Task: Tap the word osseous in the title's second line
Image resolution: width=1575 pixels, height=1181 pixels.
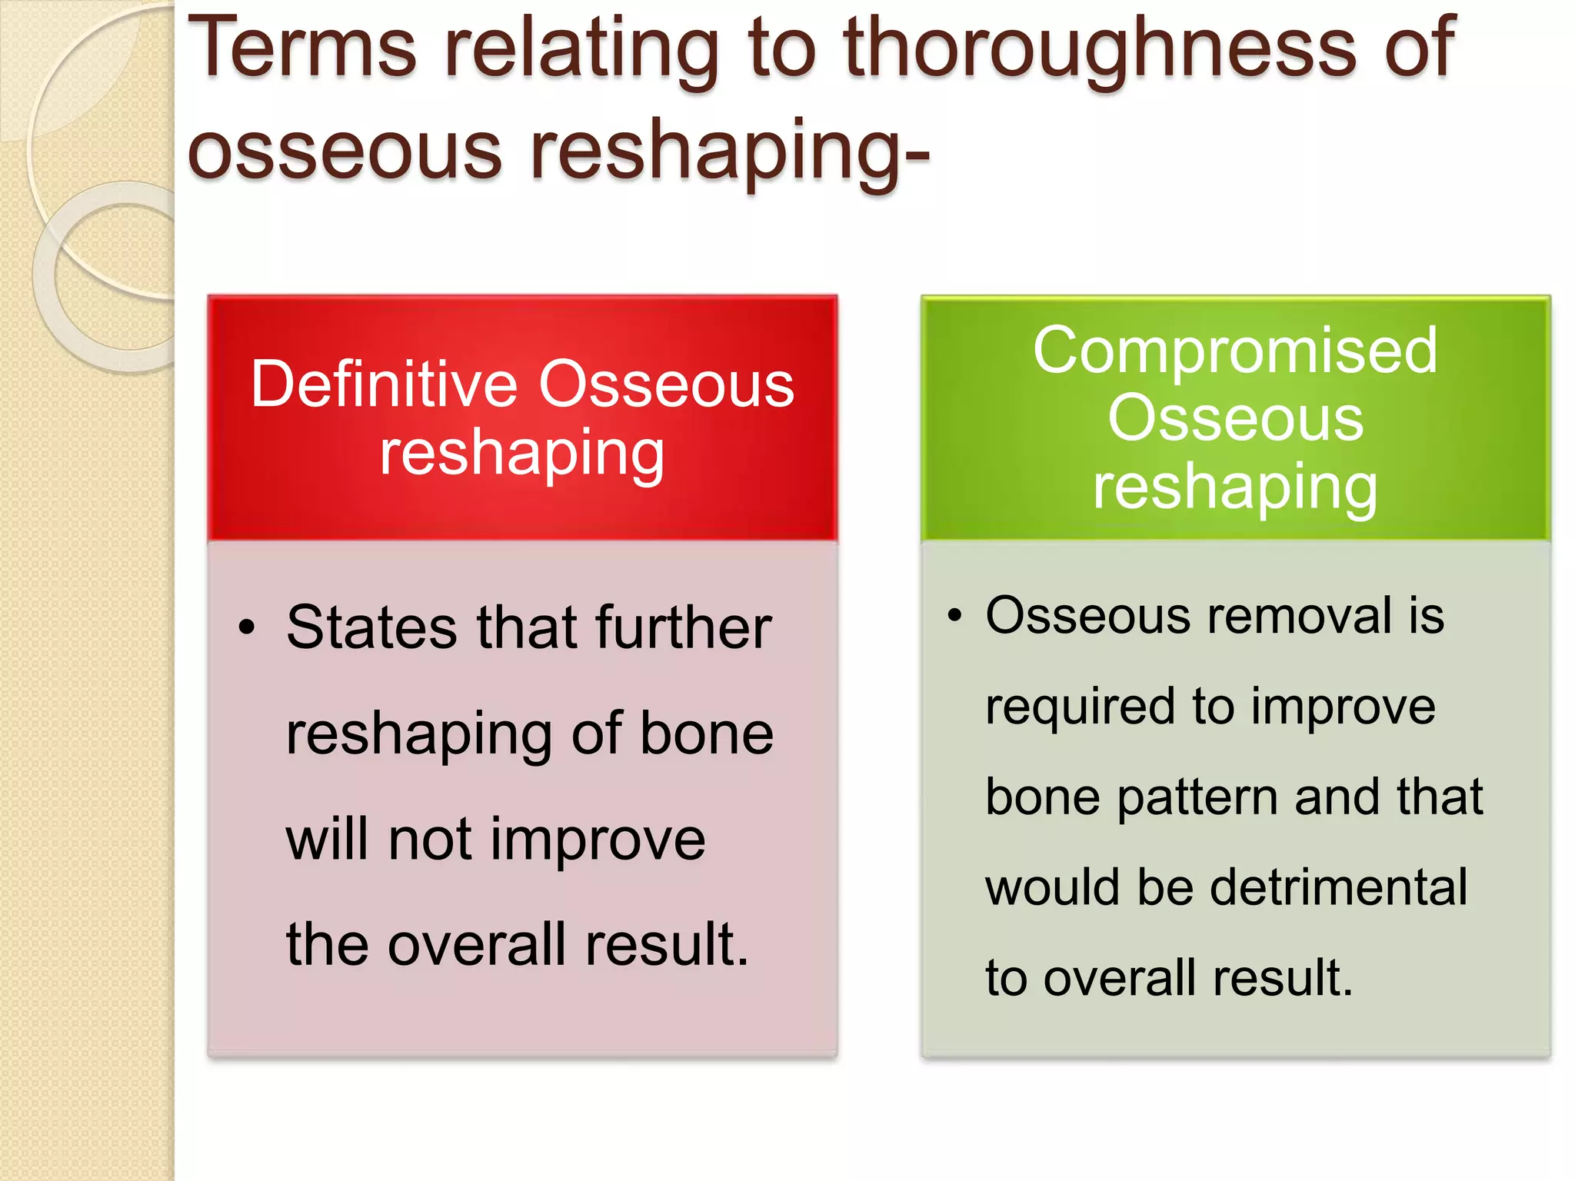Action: click(x=344, y=151)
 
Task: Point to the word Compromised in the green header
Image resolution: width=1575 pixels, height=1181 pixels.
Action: click(x=1234, y=350)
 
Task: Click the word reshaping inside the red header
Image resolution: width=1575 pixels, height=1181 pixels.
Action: click(x=521, y=454)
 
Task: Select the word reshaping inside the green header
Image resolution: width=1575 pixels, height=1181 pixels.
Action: click(x=1234, y=487)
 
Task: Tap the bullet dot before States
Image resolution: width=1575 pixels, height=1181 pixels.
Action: click(x=245, y=627)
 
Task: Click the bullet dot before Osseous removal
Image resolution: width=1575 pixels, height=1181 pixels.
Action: click(x=954, y=615)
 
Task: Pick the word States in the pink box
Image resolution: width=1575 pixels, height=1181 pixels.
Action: click(x=371, y=627)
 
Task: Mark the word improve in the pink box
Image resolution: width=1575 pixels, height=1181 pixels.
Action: click(x=598, y=839)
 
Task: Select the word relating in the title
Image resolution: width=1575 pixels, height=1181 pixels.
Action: click(x=581, y=50)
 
